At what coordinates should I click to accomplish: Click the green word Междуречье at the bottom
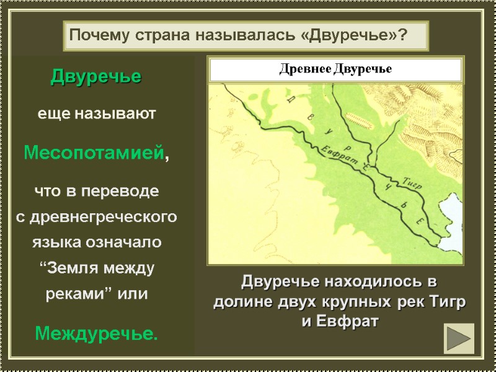click(x=96, y=335)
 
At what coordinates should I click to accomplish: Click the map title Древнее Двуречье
click(x=335, y=69)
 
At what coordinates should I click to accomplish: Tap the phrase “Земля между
click(x=96, y=268)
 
